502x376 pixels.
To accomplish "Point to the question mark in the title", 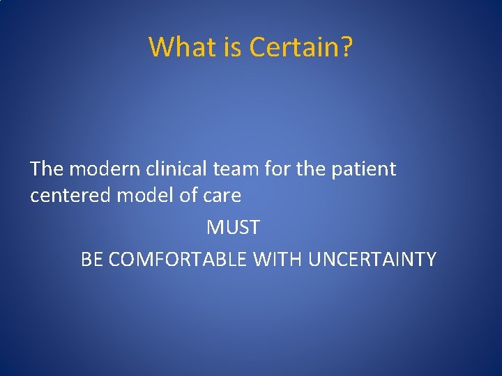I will point(347,47).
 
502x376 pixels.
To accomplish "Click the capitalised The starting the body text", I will point(47,169).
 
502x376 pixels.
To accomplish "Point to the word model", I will point(145,196).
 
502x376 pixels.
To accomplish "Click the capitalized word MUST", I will point(234,228).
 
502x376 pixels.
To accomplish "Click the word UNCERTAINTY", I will point(372,259).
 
